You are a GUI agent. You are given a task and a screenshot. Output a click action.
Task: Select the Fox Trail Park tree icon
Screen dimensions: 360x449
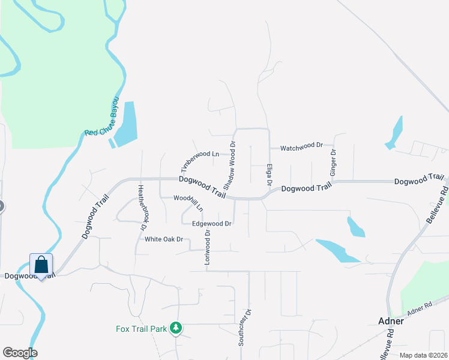176,328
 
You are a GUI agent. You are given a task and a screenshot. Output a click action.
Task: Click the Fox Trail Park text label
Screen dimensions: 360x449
142,329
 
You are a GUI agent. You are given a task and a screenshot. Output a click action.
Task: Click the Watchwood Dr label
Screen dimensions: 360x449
302,146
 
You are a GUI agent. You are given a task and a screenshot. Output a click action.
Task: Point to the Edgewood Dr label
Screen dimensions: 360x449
211,224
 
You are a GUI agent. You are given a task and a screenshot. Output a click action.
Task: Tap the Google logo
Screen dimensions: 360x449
20,353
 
